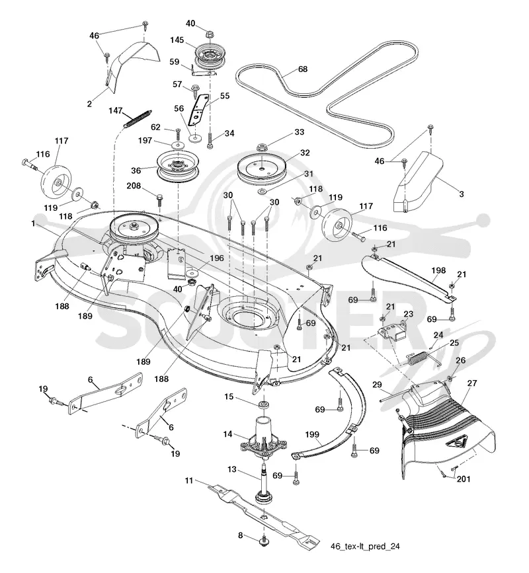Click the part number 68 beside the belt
[x=303, y=69]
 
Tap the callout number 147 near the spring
[x=116, y=110]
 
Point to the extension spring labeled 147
[x=138, y=119]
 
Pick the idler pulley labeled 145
[x=208, y=56]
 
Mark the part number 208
[x=134, y=186]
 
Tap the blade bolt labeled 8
[x=264, y=541]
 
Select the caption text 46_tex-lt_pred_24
[x=365, y=547]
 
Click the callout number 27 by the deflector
[x=472, y=383]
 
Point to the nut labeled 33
[x=261, y=147]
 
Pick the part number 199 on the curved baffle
[x=312, y=434]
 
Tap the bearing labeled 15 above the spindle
[x=263, y=405]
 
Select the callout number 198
[x=438, y=270]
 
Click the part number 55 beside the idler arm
[x=224, y=96]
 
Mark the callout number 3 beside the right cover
[x=462, y=194]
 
